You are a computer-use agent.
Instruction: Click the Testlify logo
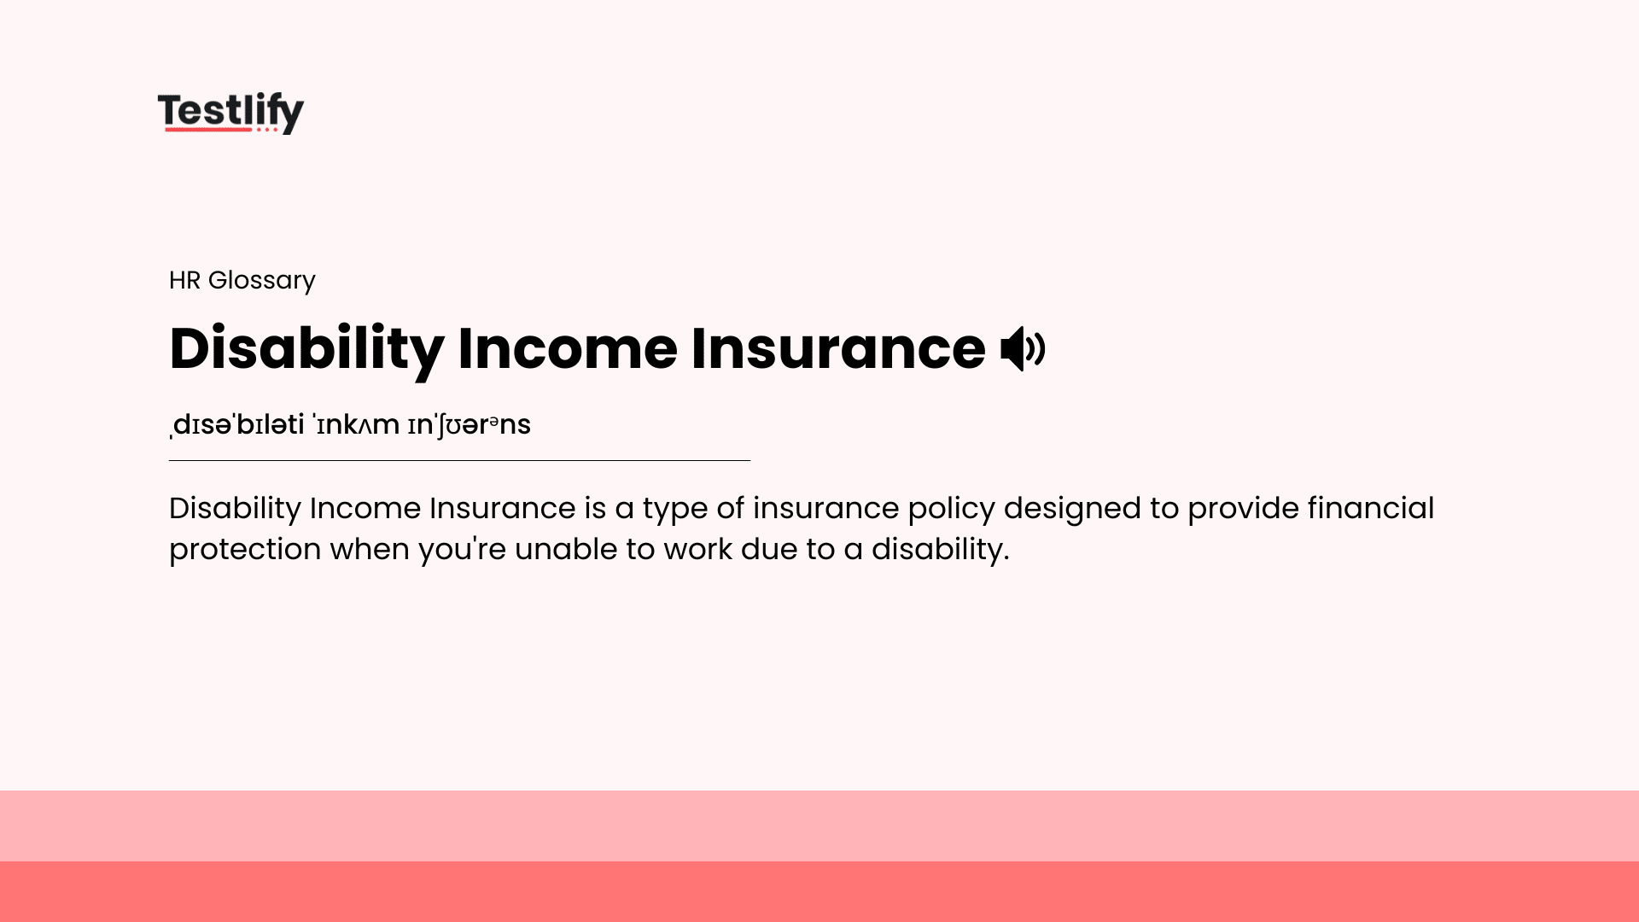(230, 112)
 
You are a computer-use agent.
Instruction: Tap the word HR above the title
(184, 280)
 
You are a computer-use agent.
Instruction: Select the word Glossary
(261, 280)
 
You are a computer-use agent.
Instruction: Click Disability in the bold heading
(306, 348)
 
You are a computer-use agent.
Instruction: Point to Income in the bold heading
(568, 348)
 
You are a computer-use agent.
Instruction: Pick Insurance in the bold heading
(837, 348)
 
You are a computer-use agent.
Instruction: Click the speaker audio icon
(1022, 348)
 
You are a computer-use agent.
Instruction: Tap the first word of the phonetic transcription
(238, 424)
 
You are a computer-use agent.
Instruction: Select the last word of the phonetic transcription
(469, 424)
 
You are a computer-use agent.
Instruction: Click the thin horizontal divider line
(459, 460)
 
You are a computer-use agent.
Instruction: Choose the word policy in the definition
(951, 509)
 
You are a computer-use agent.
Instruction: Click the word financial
(1370, 508)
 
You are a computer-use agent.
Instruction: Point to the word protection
(245, 550)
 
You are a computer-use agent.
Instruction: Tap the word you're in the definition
(462, 549)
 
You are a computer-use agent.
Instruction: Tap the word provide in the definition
(1242, 509)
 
